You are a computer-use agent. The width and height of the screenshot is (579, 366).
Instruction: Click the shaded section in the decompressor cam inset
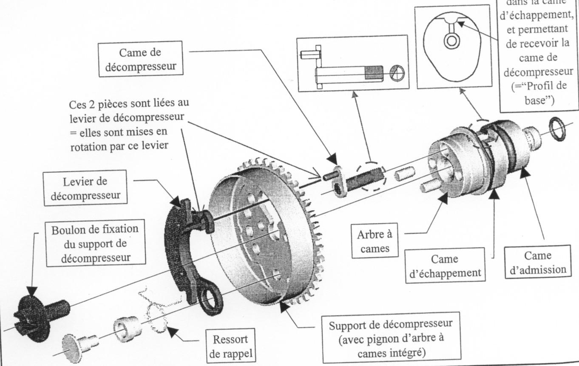click(374, 73)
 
